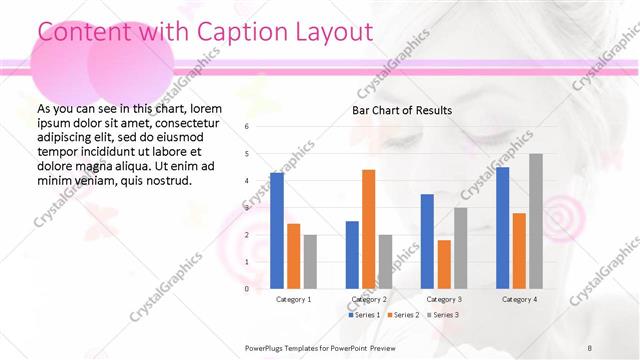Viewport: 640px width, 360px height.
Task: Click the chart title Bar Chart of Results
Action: click(x=401, y=110)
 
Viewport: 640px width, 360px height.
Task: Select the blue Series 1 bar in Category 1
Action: click(x=277, y=230)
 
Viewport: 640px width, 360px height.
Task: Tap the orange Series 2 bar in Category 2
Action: click(x=368, y=229)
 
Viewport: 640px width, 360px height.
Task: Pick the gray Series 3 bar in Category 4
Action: click(x=536, y=221)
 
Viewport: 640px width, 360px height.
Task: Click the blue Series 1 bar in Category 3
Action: click(x=427, y=241)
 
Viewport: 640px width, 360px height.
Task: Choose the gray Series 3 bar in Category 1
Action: click(x=310, y=261)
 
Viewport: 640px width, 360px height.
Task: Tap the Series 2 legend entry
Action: click(x=403, y=315)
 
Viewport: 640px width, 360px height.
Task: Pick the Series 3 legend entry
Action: click(x=443, y=315)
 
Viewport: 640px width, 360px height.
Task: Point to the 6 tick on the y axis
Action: click(x=247, y=127)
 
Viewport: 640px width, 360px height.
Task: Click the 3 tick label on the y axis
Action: click(x=247, y=208)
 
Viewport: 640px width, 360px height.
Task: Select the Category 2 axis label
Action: click(x=369, y=299)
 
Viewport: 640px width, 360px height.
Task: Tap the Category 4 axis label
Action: click(x=519, y=299)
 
